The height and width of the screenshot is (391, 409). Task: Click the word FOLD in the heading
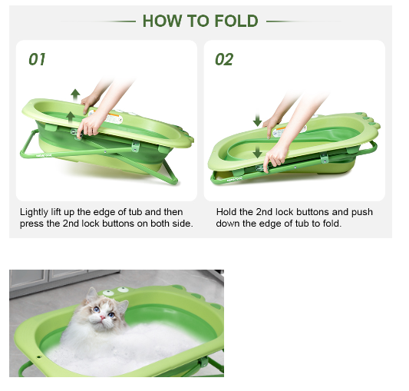click(x=236, y=21)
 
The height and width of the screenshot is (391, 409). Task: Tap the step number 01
click(x=37, y=59)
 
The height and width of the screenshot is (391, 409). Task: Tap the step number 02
click(x=224, y=59)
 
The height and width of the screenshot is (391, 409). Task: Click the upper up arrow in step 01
click(x=75, y=95)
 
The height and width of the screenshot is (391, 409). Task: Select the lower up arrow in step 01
click(x=70, y=118)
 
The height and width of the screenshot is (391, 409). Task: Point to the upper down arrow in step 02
click(x=258, y=120)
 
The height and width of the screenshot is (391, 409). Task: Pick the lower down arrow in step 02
click(x=258, y=152)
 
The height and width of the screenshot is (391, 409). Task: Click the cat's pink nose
click(x=103, y=317)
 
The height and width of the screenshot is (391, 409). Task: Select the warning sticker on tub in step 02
click(x=289, y=130)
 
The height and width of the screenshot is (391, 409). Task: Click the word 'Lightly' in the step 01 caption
click(x=34, y=212)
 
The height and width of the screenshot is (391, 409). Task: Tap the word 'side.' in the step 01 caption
click(x=183, y=224)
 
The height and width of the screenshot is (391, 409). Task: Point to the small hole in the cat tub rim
click(x=39, y=356)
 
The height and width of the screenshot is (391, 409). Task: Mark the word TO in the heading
click(x=198, y=21)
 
